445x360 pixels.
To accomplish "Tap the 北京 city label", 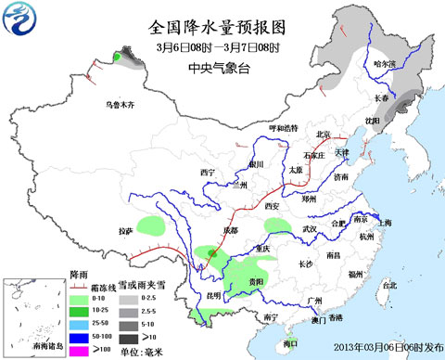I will pyautogui.click(x=324, y=134).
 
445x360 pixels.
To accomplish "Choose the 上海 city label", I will pyautogui.click(x=386, y=223).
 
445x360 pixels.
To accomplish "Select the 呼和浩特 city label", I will pyautogui.click(x=285, y=127).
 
